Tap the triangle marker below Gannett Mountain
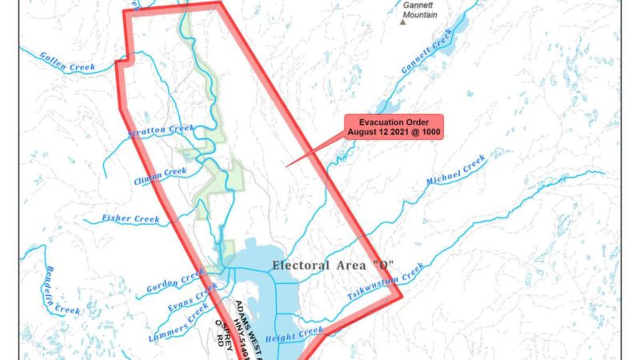pos(403,22)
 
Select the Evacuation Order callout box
pos(394,127)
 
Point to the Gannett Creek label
pos(427,51)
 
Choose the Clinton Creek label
pos(160,176)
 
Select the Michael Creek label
pos(456,171)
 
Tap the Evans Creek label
pos(193,298)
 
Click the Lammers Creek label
pos(179,323)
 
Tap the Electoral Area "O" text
pos(333,265)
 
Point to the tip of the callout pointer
pos(286,166)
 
